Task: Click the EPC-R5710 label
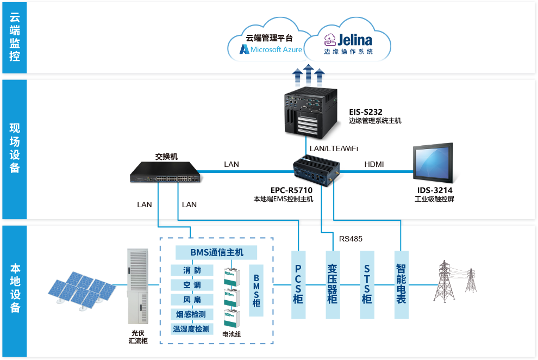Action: coord(291,190)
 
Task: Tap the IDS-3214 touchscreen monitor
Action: coord(433,164)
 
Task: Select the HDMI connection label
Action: coord(374,164)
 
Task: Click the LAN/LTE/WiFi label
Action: coord(334,148)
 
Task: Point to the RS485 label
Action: coord(351,239)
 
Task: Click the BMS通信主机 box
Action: coord(216,252)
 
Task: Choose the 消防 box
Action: coord(191,270)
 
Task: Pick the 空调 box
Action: coord(191,285)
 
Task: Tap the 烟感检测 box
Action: coord(191,314)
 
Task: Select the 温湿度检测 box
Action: coord(191,328)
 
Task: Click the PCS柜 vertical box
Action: coord(298,284)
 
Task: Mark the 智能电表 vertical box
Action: coord(401,284)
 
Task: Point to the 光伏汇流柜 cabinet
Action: coord(138,287)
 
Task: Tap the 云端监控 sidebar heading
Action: coord(15,38)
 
